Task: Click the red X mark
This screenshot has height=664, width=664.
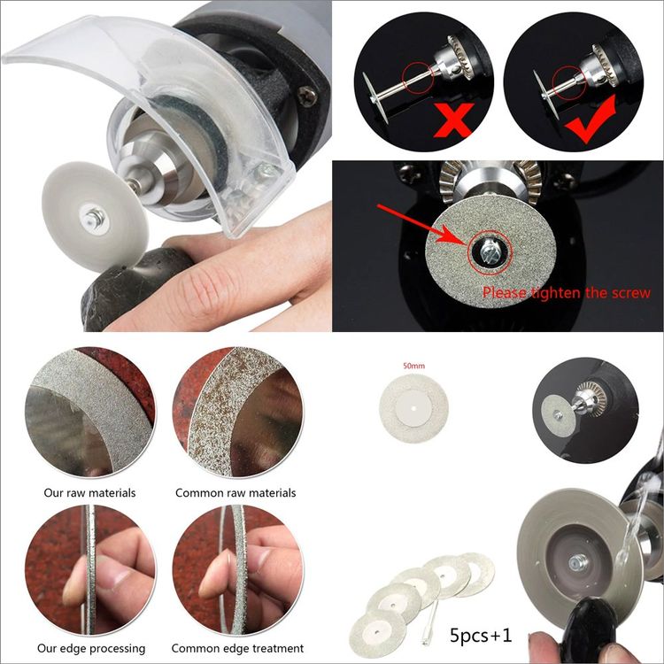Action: (452, 120)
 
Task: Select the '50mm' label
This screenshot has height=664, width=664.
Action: (413, 366)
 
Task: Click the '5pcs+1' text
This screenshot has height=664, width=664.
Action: (481, 636)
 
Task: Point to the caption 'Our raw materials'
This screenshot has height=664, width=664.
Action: (89, 493)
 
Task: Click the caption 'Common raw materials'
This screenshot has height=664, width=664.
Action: (235, 493)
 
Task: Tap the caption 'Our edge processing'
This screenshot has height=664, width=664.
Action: (91, 649)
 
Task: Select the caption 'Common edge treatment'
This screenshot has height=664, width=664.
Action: (237, 649)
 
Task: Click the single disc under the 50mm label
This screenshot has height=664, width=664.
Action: (413, 409)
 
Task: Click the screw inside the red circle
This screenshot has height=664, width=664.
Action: (490, 252)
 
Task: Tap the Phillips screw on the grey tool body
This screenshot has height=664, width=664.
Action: (308, 96)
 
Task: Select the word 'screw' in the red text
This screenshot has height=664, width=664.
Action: (632, 293)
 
